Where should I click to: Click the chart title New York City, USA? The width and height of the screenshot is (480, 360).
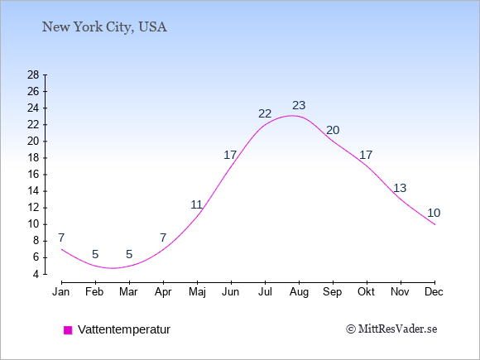[x=104, y=27]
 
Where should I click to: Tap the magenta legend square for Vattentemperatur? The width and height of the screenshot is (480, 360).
[x=68, y=330]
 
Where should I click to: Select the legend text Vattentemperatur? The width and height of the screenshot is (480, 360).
[x=124, y=329]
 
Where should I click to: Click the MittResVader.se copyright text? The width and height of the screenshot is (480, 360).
[x=391, y=329]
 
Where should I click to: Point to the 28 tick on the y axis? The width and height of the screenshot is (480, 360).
[x=33, y=74]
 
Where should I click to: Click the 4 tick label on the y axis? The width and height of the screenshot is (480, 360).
[x=36, y=274]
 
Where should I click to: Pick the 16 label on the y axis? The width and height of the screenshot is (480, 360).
[x=33, y=175]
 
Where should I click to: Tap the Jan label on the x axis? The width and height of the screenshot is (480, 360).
[x=61, y=292]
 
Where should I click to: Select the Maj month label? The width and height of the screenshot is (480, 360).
[x=197, y=292]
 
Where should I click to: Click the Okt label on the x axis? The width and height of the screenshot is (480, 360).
[x=366, y=292]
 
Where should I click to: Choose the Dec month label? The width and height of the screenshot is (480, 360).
[x=434, y=292]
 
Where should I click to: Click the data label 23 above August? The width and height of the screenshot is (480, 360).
[x=299, y=105]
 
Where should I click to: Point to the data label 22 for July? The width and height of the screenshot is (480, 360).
[x=265, y=114]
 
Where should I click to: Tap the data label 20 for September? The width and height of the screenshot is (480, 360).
[x=333, y=131]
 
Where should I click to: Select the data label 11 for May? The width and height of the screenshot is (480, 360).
[x=196, y=204]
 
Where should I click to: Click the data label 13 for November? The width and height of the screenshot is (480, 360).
[x=400, y=188]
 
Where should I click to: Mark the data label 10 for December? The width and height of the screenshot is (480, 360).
[x=434, y=213]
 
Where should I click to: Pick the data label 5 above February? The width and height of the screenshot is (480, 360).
[x=95, y=254]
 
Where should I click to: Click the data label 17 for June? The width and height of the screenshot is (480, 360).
[x=230, y=156]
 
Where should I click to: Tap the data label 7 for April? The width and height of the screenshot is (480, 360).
[x=163, y=238]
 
